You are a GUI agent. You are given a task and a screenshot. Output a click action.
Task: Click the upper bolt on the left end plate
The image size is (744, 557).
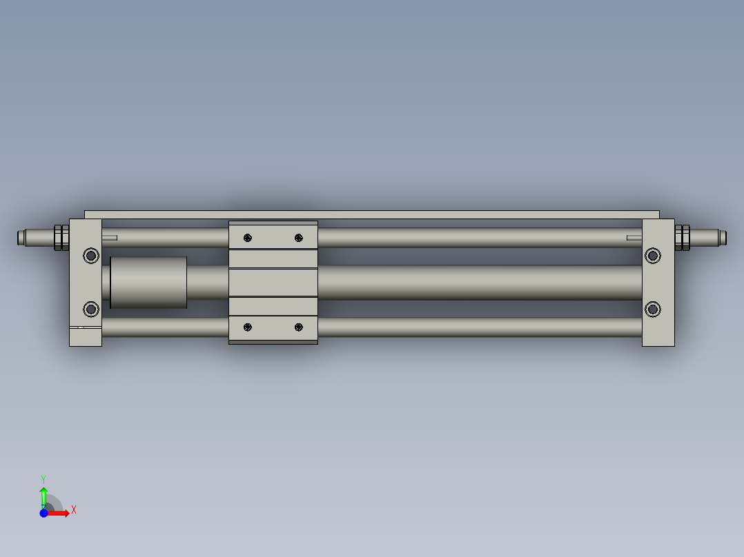(90, 256)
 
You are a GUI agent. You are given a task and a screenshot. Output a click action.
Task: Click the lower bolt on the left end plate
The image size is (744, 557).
(90, 308)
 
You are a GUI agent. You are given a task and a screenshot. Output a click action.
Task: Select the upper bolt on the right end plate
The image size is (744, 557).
(652, 256)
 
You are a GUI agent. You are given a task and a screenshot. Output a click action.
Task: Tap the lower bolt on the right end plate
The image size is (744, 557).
(652, 308)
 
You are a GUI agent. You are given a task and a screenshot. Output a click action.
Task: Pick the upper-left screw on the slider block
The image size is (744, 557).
(248, 238)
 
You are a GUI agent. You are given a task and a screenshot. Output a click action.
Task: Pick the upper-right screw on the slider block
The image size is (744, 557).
(298, 238)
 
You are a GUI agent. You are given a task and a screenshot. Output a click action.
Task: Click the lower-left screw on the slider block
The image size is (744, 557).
(248, 327)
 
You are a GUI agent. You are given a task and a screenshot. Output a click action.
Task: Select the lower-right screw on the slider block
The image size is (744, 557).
(298, 327)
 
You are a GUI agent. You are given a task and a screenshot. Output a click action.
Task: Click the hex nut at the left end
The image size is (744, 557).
(61, 238)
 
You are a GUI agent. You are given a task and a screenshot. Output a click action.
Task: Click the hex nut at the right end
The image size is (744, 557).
(683, 238)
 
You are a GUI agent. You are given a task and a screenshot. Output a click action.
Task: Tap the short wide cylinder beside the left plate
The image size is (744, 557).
(148, 283)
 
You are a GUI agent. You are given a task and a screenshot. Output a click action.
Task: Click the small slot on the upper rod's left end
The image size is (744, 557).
(110, 238)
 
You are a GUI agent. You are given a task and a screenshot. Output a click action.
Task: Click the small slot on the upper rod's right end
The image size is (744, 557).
(634, 238)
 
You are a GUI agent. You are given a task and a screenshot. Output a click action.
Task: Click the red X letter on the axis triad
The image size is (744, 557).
(74, 510)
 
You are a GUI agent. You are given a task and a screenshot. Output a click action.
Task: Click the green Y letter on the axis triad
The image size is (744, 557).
(43, 478)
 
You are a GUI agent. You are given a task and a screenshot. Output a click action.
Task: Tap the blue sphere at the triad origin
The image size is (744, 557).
(43, 513)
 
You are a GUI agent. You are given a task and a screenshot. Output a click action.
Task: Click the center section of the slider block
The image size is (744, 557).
(273, 283)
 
